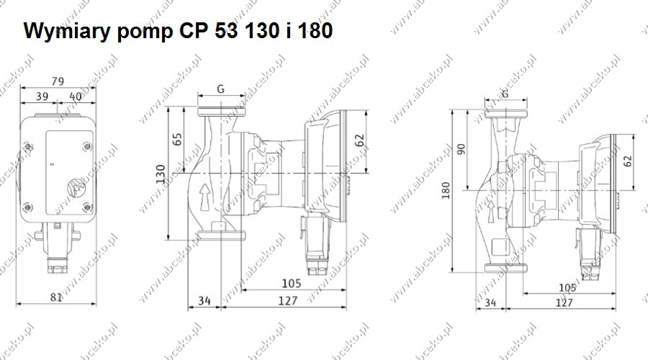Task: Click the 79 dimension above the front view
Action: [x=58, y=81]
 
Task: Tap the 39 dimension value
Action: [x=42, y=96]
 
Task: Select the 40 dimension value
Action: [x=75, y=96]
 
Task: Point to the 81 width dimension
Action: [x=56, y=297]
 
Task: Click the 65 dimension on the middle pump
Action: [x=177, y=139]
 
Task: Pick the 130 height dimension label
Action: [x=161, y=174]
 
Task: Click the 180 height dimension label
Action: [x=446, y=191]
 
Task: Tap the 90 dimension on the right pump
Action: [x=462, y=149]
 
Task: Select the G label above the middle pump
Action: [x=221, y=89]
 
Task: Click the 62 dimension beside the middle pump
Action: [x=359, y=140]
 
